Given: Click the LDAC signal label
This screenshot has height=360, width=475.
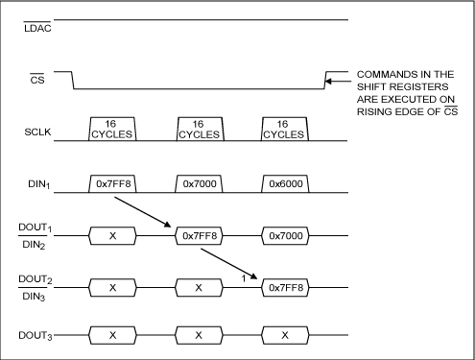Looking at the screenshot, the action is pos(37,28).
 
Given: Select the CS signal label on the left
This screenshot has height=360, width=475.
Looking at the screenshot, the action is pos(37,80).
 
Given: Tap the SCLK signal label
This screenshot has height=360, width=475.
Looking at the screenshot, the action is pos(37,132).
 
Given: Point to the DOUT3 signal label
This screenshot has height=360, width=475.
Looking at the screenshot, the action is pos(36,335).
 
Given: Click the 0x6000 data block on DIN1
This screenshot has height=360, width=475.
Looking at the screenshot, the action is pos(285,183).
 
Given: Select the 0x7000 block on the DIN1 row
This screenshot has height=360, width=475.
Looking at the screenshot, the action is pos(199,183).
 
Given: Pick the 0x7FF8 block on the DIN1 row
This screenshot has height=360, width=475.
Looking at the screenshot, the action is pos(112,183).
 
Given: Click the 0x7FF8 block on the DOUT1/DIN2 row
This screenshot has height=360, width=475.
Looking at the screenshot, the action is pos(199,236).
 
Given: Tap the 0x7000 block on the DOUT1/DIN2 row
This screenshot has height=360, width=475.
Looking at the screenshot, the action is pos(285,236).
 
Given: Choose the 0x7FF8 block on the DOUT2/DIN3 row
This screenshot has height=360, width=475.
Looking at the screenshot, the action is pos(285,288).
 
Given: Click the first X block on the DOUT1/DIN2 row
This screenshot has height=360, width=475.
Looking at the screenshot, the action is pos(112,236).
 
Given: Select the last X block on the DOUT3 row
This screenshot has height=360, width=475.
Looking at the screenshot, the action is pos(285,335).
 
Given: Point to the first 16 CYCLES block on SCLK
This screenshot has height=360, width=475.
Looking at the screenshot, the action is pos(112,129).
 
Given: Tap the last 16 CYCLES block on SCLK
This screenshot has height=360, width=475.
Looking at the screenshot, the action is pos(285,129).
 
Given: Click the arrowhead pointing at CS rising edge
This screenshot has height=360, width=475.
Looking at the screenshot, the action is pos(328,82).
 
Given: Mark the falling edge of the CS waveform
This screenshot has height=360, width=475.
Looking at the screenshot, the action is pos(73,81).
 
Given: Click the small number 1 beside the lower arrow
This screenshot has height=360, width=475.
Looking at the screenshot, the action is pos(244,278).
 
